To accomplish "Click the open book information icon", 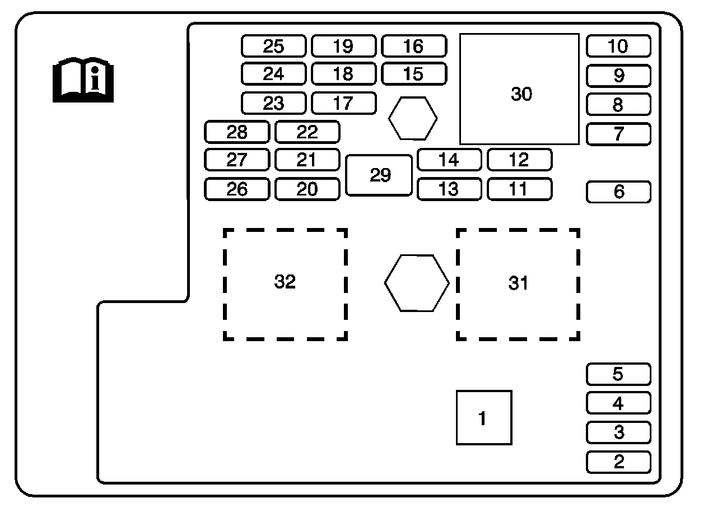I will click(83, 81).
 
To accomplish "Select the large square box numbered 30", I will click(519, 89).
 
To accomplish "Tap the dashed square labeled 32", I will click(285, 284).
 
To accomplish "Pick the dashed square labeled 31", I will click(518, 284).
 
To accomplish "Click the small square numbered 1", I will click(484, 417).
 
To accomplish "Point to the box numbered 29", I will click(379, 175).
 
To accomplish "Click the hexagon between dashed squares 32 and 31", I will click(417, 283).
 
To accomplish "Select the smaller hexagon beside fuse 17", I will click(413, 118).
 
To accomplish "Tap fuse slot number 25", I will click(274, 46).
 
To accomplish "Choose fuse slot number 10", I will click(618, 46).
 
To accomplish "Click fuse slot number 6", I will click(618, 192).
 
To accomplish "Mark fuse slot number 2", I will click(618, 462).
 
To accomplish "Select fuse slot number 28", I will click(237, 132).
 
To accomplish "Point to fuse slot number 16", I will click(414, 46).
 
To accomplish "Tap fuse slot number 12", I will click(519, 160).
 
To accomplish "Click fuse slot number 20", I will click(307, 189).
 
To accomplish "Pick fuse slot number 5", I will click(618, 374).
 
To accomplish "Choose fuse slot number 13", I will click(449, 189).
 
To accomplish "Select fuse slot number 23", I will click(274, 103).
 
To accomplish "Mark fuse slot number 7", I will click(618, 134).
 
